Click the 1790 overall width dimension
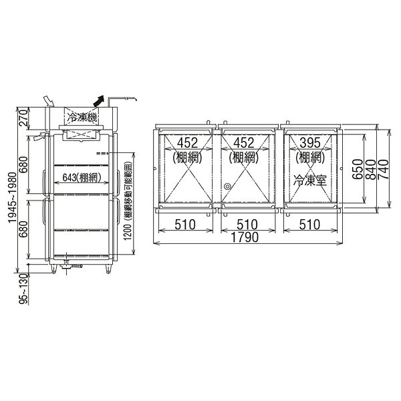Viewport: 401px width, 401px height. click(245, 237)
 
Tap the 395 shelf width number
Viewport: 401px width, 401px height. click(309, 143)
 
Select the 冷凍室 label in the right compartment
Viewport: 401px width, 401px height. click(309, 180)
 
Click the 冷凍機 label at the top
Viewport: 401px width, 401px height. click(82, 118)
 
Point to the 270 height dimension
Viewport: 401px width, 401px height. click(23, 118)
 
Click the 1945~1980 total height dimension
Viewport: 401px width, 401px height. click(12, 197)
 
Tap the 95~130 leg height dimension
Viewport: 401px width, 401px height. click(23, 289)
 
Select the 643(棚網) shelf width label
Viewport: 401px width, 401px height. click(82, 178)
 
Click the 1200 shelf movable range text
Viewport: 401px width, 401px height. click(128, 201)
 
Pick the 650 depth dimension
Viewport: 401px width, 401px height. click(358, 169)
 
